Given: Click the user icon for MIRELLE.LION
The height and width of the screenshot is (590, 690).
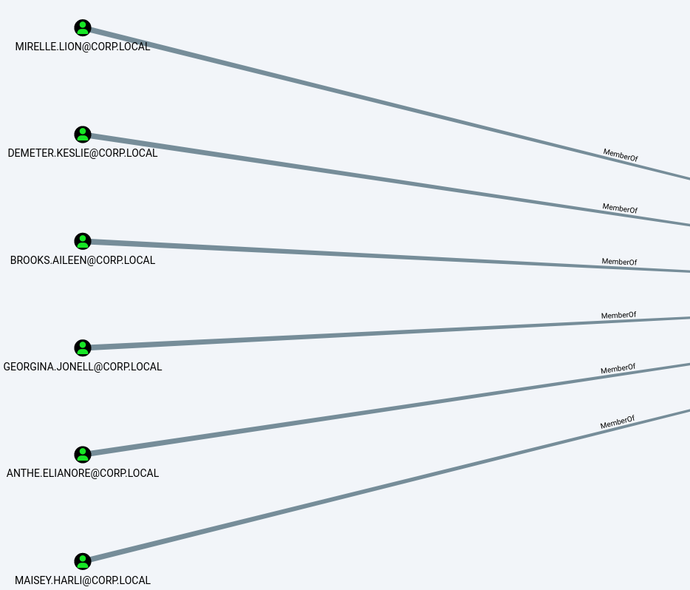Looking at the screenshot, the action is point(83,28).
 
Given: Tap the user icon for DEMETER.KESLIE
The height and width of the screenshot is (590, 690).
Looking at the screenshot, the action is point(83,135).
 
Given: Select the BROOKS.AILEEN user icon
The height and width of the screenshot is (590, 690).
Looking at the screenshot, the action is point(83,241).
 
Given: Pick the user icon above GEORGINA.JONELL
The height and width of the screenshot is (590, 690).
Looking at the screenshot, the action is point(83,347).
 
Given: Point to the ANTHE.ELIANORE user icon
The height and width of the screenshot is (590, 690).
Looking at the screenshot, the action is point(83,455).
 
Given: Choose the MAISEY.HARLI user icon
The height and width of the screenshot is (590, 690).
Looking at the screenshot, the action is point(83,561).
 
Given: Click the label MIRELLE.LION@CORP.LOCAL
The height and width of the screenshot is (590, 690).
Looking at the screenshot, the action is point(83,47).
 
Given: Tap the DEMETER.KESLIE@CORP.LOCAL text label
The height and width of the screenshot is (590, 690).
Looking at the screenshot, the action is point(83,153).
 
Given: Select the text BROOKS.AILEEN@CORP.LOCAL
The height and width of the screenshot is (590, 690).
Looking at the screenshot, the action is point(83,260).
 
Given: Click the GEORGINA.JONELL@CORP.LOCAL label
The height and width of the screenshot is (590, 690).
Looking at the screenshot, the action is point(83,367).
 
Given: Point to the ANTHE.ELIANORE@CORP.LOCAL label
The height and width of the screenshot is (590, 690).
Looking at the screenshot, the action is point(83,473).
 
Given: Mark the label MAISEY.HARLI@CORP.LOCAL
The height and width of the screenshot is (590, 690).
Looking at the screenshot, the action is point(83,580).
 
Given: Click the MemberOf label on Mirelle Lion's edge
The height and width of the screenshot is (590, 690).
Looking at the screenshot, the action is point(621,155).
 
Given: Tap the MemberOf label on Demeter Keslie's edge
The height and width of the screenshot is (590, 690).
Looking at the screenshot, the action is point(620,208).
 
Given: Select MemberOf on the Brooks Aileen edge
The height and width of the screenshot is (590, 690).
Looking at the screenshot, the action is point(619,262).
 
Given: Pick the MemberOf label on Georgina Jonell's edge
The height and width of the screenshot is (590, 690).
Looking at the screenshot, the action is point(619,315).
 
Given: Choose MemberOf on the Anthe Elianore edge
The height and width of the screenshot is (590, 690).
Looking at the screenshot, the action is point(618,368).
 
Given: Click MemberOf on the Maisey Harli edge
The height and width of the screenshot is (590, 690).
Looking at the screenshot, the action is point(618,422).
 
